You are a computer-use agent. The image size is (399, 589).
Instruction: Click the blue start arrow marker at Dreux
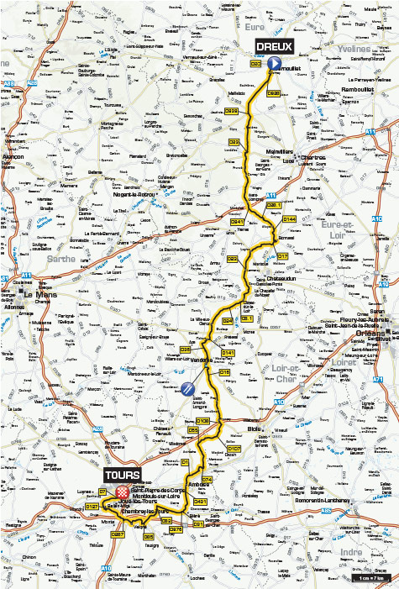click(x=273, y=63)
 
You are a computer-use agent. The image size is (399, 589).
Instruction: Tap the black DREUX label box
click(x=272, y=46)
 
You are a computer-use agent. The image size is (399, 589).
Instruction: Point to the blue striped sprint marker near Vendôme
click(x=186, y=388)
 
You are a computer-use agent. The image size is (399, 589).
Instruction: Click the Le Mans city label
click(x=38, y=295)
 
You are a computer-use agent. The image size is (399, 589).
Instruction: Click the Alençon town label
click(x=13, y=157)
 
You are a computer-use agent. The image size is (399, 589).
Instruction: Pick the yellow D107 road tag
click(x=234, y=450)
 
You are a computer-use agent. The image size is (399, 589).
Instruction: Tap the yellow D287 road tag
click(x=118, y=534)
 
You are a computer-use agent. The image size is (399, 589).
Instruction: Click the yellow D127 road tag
click(x=92, y=507)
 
